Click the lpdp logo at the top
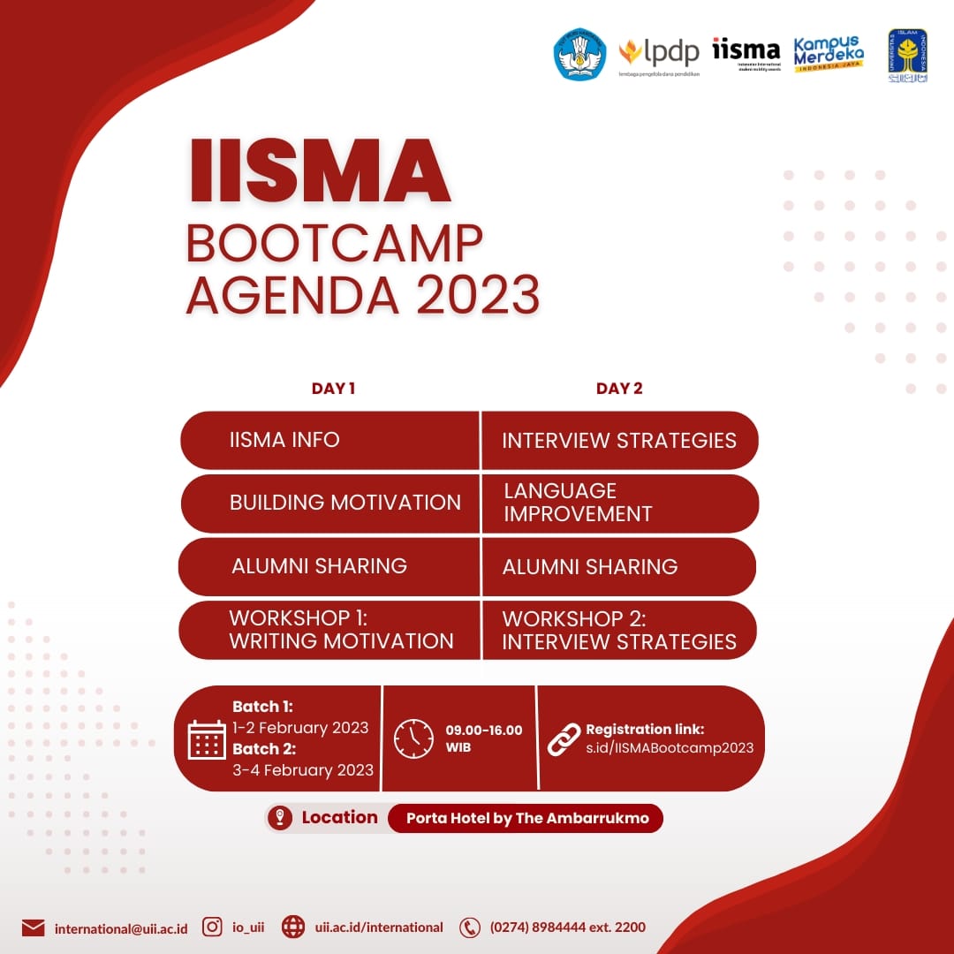659,55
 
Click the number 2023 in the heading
477,294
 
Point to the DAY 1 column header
333,388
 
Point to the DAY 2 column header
619,388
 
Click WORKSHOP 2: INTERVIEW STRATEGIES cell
618,630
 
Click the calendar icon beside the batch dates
207,739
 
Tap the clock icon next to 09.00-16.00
413,738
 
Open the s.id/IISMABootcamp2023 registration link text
670,748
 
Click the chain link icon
564,738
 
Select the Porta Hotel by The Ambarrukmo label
527,818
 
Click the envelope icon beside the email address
33,927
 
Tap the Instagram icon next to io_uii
212,927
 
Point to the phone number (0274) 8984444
568,927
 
